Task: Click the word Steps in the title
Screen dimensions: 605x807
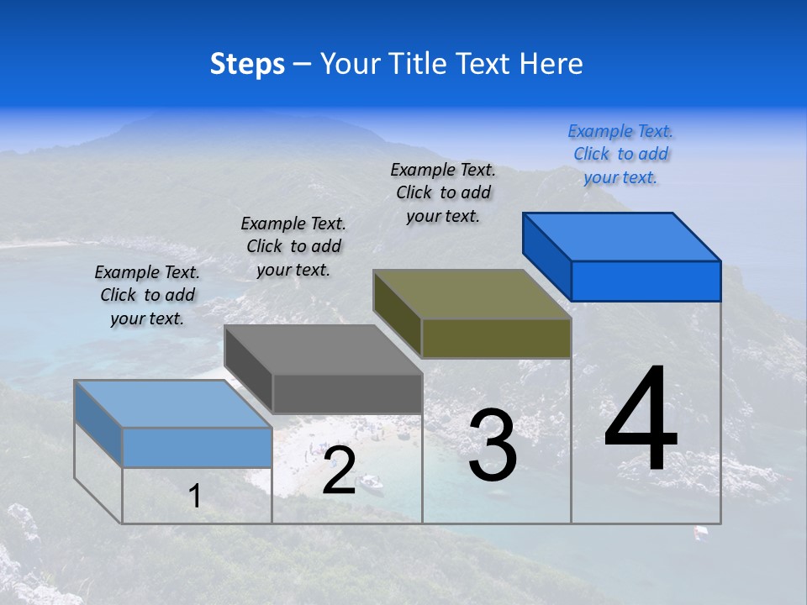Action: click(247, 64)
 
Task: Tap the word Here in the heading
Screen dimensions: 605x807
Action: click(551, 64)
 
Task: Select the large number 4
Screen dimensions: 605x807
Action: click(641, 420)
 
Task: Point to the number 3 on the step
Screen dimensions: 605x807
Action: click(493, 445)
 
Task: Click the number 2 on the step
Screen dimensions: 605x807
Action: click(339, 471)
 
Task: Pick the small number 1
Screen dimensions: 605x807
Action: click(195, 497)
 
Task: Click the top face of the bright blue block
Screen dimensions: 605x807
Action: click(622, 236)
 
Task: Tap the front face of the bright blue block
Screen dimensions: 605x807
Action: click(646, 281)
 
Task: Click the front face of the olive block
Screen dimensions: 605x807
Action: click(496, 338)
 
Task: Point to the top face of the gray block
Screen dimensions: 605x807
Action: click(323, 350)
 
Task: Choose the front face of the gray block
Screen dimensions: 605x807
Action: click(346, 393)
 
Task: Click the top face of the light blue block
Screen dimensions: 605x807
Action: click(173, 403)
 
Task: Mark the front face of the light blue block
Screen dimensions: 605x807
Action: click(197, 447)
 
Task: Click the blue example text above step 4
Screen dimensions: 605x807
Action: click(620, 154)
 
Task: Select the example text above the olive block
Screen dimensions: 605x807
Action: click(443, 192)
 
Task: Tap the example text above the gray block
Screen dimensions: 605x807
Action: click(293, 246)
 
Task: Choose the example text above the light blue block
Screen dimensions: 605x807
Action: click(147, 295)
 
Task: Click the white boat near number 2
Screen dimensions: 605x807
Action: click(371, 482)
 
